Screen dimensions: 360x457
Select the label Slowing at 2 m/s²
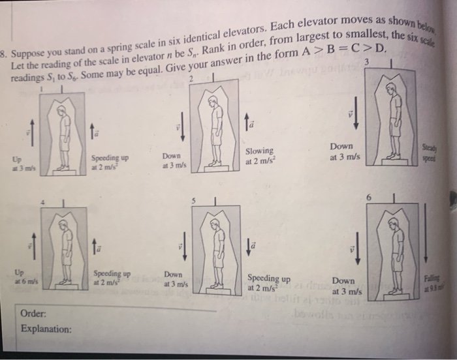coord(260,156)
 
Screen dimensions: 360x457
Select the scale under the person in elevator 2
coord(213,168)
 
